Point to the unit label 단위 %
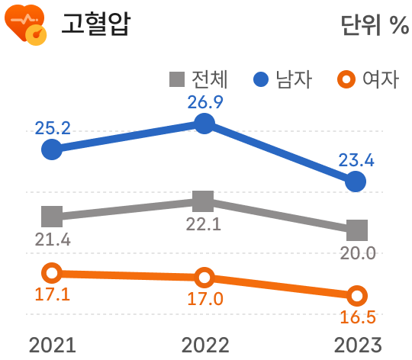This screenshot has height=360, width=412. click(x=374, y=25)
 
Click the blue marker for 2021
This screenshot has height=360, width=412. click(x=51, y=149)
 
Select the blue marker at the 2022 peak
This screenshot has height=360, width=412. click(x=204, y=124)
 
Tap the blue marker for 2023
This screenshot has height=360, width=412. click(x=356, y=182)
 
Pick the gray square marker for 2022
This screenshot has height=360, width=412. click(x=203, y=201)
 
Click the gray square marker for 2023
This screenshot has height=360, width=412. click(x=356, y=229)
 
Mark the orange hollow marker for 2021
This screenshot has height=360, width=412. click(x=51, y=273)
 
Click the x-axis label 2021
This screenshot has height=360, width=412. click(x=52, y=345)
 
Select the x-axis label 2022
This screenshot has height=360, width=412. click(x=204, y=345)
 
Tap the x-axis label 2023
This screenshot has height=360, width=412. click(x=356, y=345)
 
